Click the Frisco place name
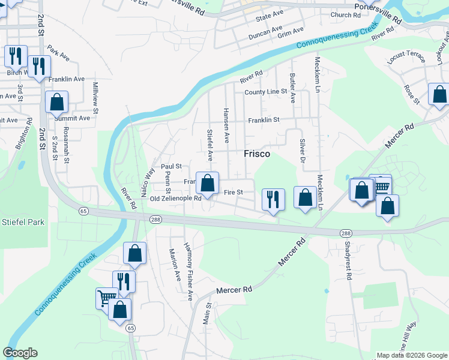click(x=257, y=154)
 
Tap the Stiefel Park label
click(x=22, y=222)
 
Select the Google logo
click(x=20, y=353)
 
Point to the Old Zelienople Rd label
click(x=175, y=199)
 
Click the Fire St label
click(x=232, y=193)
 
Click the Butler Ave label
click(x=292, y=87)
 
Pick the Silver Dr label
click(x=301, y=150)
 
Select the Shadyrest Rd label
click(x=348, y=262)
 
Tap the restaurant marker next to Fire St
click(x=274, y=199)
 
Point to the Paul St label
click(x=171, y=166)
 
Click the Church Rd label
click(x=345, y=15)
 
